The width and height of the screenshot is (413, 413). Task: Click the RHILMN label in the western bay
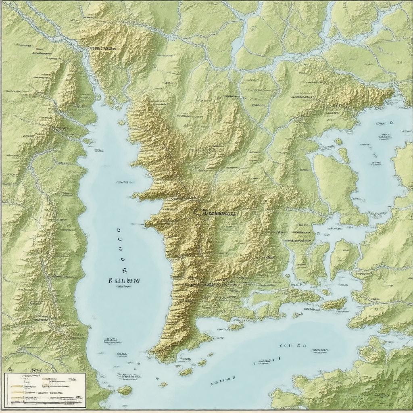click(124, 281)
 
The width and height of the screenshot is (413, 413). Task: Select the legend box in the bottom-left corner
click(45, 389)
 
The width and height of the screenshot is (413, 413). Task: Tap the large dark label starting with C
click(214, 213)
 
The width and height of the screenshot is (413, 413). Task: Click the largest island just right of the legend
click(125, 390)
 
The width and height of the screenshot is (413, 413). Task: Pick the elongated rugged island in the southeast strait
click(334, 304)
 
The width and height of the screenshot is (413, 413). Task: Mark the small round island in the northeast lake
click(338, 142)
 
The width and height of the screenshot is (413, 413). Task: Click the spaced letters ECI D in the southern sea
click(293, 346)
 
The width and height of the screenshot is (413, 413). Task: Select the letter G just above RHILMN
click(124, 270)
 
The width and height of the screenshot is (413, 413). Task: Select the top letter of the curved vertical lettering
click(118, 231)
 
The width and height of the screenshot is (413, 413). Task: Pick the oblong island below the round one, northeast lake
click(343, 155)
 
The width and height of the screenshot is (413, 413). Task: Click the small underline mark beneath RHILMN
click(123, 287)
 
